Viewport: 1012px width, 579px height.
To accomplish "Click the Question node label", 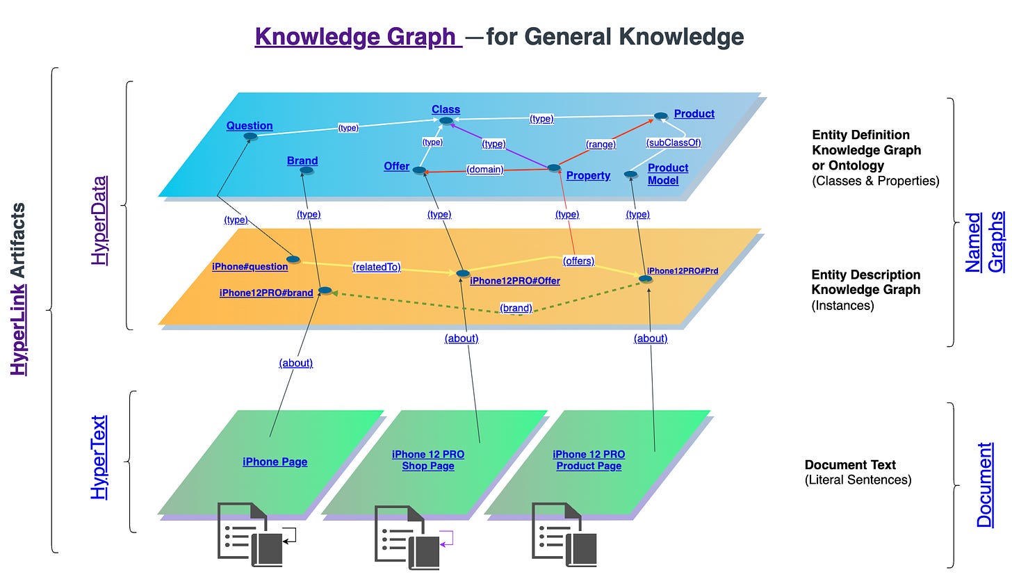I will click(x=250, y=126).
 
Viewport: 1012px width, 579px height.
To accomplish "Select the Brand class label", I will click(x=302, y=161).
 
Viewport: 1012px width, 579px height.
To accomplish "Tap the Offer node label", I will click(x=396, y=167).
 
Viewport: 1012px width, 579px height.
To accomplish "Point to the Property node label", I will click(x=588, y=176).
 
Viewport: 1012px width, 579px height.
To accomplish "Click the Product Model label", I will click(x=667, y=174).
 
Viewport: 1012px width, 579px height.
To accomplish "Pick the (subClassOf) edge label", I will click(x=673, y=142).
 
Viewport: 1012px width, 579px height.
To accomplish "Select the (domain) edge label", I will click(x=484, y=169).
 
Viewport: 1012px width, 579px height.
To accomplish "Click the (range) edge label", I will click(x=601, y=145).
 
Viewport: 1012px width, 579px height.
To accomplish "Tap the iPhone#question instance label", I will click(x=250, y=266).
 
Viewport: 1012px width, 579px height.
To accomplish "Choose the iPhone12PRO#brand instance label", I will click(x=266, y=293).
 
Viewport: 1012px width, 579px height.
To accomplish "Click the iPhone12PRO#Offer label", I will click(x=514, y=281).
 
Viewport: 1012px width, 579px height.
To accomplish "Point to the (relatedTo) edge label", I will click(x=376, y=267).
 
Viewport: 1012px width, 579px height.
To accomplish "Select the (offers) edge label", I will click(x=578, y=261).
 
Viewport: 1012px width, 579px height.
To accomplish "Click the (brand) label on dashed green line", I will click(x=515, y=308).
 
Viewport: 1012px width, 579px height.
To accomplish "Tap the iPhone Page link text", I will click(x=275, y=462).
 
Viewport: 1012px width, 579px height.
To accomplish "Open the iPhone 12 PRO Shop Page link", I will click(x=427, y=460).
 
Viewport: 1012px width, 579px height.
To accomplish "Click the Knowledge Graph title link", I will click(x=358, y=36).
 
